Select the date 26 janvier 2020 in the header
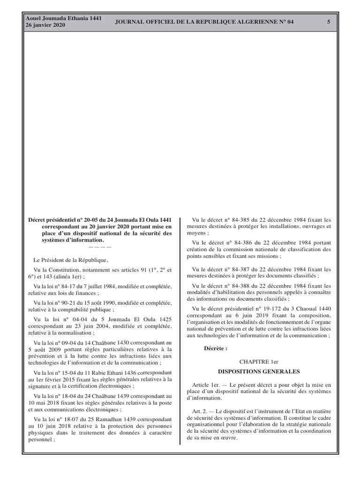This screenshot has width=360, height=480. coord(45,25)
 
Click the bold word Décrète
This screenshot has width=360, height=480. coord(216,348)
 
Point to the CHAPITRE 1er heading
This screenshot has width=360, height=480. coord(259,362)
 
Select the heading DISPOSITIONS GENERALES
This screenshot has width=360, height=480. coord(259,372)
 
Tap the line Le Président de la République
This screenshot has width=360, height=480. coord(70,260)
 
